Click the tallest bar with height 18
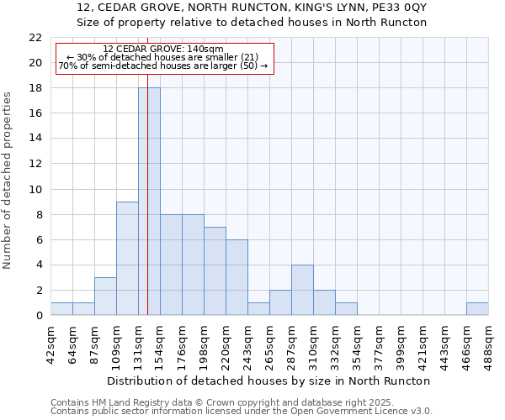[x=149, y=202]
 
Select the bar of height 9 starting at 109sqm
[x=127, y=259]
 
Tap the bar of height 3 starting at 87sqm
[x=105, y=297]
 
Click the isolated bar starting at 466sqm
[x=477, y=309]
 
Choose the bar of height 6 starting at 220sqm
[x=237, y=277]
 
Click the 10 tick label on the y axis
[x=35, y=189]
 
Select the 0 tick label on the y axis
[x=38, y=316]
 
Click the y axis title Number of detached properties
[x=8, y=181]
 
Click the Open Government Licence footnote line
[x=242, y=412]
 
